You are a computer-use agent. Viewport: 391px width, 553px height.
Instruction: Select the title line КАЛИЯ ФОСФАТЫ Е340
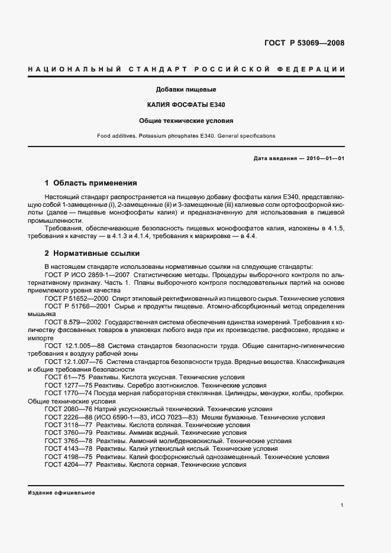tap(186, 105)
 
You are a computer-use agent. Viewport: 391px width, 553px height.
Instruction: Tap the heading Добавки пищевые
tap(186, 90)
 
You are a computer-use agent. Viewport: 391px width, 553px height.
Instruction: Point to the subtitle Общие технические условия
tap(186, 121)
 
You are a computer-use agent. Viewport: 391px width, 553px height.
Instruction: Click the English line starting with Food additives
tap(186, 136)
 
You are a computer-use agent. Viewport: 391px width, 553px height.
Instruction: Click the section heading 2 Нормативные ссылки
tap(92, 253)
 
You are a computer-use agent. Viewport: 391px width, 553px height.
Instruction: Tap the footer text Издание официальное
tap(61, 492)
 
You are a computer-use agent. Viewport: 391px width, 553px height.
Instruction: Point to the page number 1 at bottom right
tap(342, 505)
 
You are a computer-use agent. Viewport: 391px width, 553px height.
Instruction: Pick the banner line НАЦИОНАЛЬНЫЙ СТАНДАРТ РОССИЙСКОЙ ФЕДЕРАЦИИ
tap(186, 70)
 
